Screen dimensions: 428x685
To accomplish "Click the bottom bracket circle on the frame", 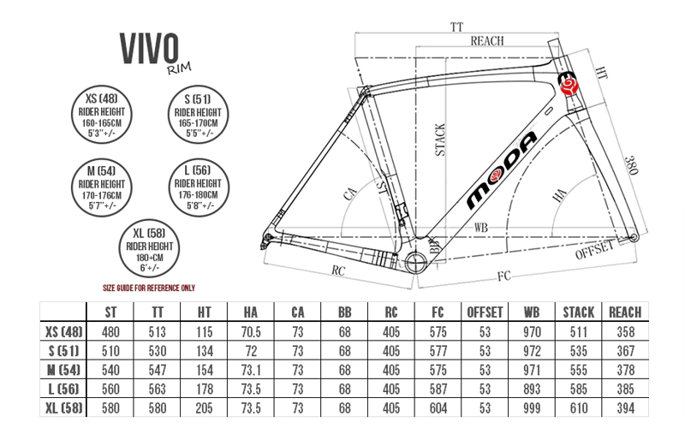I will (416, 259).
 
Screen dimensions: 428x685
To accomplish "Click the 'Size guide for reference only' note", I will (149, 287).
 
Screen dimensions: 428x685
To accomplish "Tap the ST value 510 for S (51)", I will (110, 349).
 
